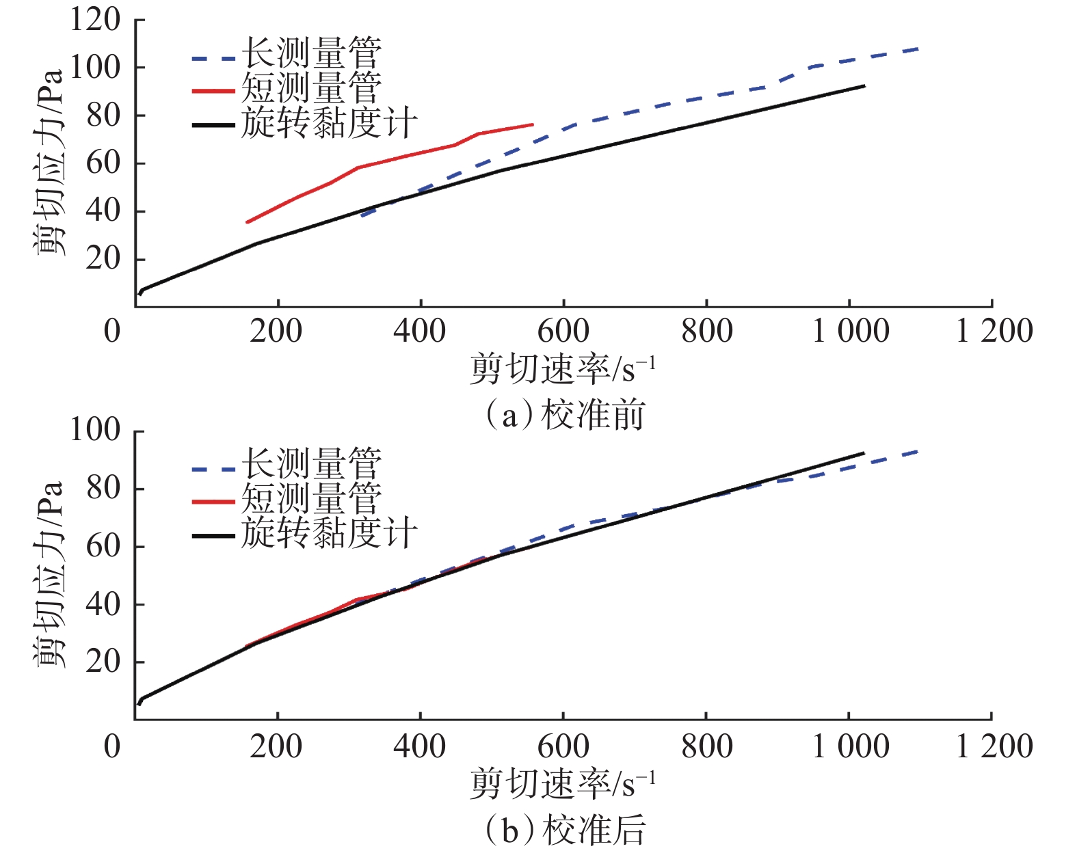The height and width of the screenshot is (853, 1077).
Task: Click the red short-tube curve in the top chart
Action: tap(358, 167)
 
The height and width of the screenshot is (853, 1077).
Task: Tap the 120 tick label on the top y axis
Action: tap(95, 21)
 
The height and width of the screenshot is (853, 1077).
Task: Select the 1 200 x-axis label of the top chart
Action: tap(994, 331)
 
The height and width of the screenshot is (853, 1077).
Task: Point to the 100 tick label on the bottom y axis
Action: tap(95, 431)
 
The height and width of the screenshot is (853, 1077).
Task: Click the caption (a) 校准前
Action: tap(565, 415)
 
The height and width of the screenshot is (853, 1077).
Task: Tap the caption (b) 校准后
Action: tap(565, 831)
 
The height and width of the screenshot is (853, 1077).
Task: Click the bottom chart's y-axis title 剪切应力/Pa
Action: tap(49, 574)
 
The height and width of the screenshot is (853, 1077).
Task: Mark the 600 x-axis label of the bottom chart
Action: tap(563, 747)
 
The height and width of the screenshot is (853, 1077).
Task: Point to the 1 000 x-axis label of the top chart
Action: tap(850, 331)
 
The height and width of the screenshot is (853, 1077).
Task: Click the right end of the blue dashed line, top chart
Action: tap(918, 49)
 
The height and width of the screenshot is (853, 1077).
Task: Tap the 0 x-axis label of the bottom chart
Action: tap(112, 747)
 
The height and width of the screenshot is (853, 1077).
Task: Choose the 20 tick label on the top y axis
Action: tap(103, 260)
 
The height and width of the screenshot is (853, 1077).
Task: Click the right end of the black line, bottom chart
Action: tap(864, 453)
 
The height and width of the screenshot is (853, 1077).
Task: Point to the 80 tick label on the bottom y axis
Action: tap(103, 489)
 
